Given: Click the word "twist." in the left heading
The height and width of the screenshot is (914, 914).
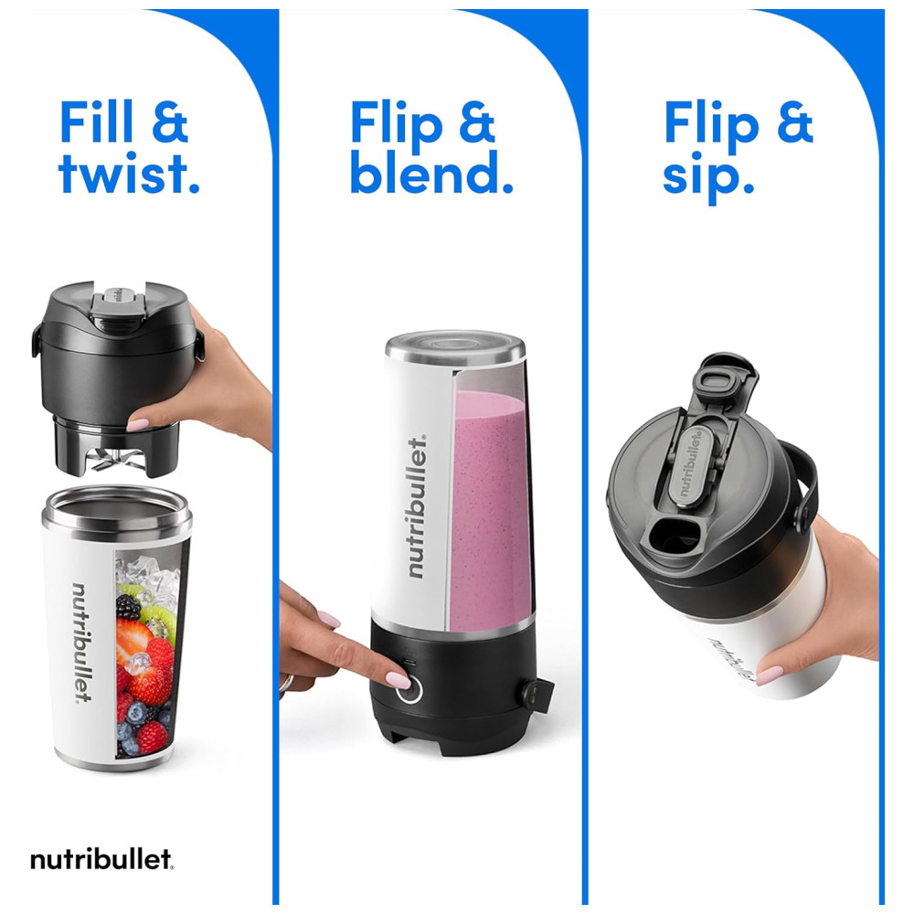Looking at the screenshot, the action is point(129,173).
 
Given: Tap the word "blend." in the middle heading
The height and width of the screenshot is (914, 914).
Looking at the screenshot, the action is point(431,172).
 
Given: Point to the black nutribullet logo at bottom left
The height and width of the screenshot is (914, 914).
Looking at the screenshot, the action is point(102,859).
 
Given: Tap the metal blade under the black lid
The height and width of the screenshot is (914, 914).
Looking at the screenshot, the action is point(111,461).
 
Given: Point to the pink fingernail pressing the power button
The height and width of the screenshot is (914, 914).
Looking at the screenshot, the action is point(399,679).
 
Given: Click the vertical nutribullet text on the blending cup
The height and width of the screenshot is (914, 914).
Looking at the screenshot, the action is point(416,506).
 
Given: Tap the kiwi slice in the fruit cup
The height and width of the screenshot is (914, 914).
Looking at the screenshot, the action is point(157,618).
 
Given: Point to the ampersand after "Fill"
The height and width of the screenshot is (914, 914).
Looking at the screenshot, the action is point(170,122).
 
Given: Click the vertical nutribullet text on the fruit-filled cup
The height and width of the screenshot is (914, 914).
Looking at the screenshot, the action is point(81,643).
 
